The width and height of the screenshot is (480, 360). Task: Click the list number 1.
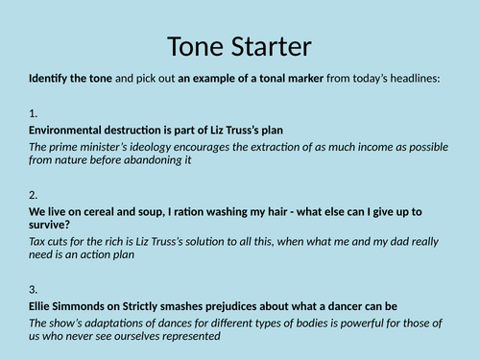33,112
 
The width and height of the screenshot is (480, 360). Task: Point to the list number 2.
33,193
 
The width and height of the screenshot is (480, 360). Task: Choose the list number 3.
33,290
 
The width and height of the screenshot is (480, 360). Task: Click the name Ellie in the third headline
43,307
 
